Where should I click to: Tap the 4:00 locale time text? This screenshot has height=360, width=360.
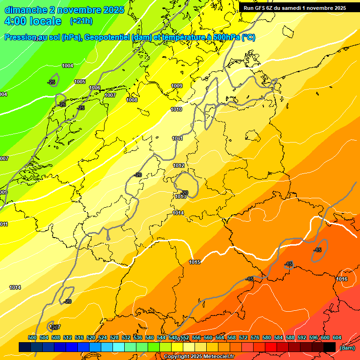[33, 21]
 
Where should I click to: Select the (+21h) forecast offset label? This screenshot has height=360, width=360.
[81, 21]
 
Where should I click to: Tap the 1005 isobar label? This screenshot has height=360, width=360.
[80, 82]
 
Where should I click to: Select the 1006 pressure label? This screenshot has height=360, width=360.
[95, 88]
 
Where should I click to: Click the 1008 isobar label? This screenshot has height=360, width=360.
[132, 100]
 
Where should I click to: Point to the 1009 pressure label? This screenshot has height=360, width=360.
[177, 86]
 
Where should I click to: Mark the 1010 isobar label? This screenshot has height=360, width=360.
[176, 110]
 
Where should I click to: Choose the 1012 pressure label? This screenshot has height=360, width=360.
[179, 166]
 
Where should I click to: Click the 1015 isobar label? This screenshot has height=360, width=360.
[195, 262]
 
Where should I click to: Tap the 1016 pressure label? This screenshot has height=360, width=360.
[342, 279]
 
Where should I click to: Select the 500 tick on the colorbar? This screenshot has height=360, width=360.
[32, 338]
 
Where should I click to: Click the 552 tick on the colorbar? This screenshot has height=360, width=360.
[185, 338]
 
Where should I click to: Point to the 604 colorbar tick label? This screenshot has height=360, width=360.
[337, 338]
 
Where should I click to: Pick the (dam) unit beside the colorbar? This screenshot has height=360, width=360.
[347, 348]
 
